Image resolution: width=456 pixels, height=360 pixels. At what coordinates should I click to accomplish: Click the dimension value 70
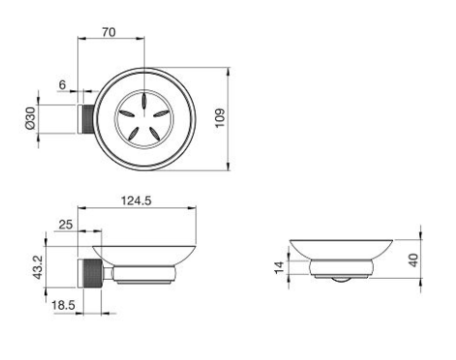[x=109, y=32]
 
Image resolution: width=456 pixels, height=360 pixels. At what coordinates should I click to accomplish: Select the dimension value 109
[x=220, y=118]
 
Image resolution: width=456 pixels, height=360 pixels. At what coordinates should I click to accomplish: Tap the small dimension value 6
[x=62, y=85]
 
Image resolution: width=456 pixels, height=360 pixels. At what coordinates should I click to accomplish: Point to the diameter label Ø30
[x=30, y=118]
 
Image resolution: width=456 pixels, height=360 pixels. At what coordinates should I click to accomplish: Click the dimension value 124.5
[x=137, y=201]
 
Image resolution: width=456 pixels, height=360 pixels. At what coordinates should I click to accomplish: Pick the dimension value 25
[x=66, y=225]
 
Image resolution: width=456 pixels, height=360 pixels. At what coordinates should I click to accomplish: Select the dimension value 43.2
[x=38, y=267]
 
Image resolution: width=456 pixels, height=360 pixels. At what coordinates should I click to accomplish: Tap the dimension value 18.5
[x=63, y=305]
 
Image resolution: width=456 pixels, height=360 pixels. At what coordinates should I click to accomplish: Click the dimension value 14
[x=280, y=267]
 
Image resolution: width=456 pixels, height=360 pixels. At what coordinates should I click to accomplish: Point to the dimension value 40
[x=413, y=260]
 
